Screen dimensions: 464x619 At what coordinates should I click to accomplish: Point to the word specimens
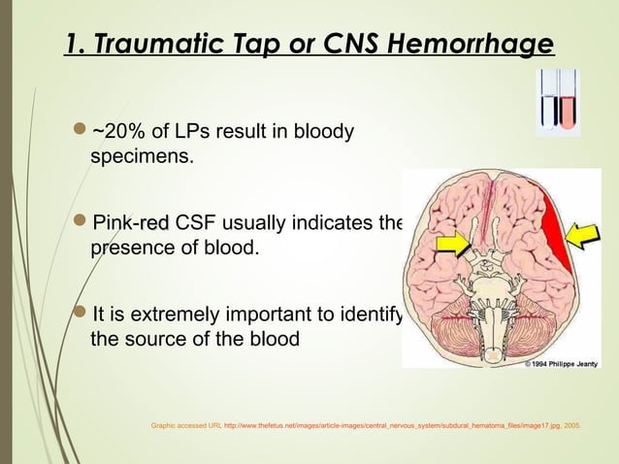click(x=136, y=156)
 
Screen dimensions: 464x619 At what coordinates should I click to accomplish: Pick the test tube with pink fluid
click(x=568, y=101)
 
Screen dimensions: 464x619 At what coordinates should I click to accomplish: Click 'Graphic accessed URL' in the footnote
click(x=185, y=424)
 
